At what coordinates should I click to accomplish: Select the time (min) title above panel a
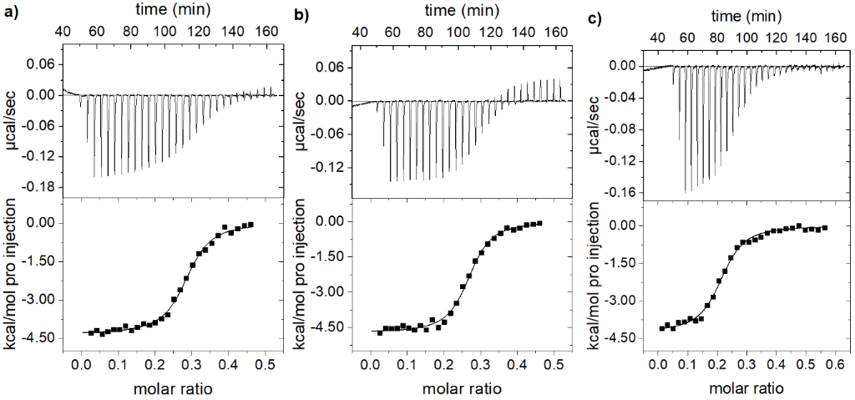pyautogui.click(x=170, y=9)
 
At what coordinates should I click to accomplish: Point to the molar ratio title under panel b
pyautogui.click(x=460, y=388)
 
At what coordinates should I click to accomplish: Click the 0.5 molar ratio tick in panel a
pyautogui.click(x=265, y=365)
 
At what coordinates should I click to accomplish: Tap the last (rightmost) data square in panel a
pyautogui.click(x=250, y=225)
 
